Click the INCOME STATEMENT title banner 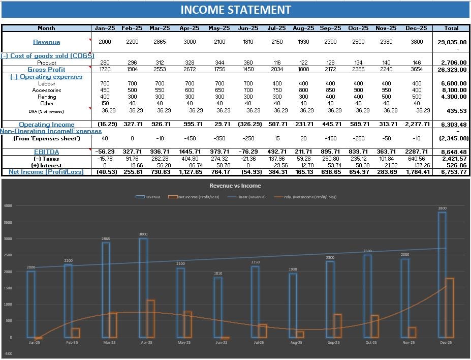point(235,10)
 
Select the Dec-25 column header point(416,28)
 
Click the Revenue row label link point(46,42)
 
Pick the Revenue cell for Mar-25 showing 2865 point(159,42)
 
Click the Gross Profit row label point(46,70)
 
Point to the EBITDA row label point(46,152)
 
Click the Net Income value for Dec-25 point(416,172)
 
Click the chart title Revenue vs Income point(235,186)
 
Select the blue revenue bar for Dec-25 point(442,275)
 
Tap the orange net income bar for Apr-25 point(150,318)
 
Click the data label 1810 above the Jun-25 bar point(218,274)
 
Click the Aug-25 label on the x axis point(296,343)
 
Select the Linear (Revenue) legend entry point(248,197)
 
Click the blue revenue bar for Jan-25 point(30,304)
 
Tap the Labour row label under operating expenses point(46,83)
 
